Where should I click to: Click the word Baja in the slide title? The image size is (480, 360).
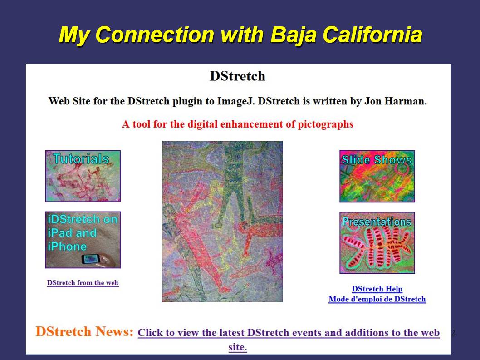(294, 35)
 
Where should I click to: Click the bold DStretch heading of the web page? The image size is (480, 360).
(238, 76)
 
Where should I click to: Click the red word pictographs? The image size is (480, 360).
(325, 124)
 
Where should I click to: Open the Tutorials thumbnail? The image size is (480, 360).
(83, 176)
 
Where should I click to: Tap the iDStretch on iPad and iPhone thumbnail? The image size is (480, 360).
(83, 240)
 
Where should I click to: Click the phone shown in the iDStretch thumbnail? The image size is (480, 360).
(91, 259)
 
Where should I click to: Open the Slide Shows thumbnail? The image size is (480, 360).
(377, 176)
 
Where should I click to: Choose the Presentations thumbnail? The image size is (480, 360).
(377, 243)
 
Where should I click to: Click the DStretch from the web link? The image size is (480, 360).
(83, 283)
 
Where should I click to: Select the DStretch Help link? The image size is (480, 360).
(377, 289)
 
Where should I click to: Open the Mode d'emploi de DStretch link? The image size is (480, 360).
(377, 299)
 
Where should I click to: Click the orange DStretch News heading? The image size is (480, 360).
(84, 332)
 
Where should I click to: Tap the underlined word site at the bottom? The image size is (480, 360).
(238, 347)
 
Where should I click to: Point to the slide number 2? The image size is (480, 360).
(453, 333)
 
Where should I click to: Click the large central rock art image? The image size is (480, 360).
(223, 222)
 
